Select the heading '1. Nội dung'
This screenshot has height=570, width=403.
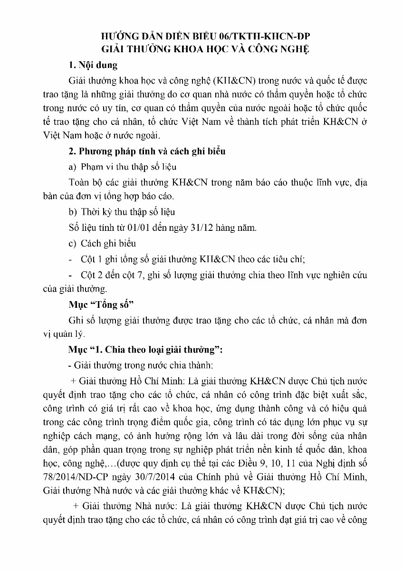click(x=93, y=65)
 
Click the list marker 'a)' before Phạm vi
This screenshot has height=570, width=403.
click(x=73, y=167)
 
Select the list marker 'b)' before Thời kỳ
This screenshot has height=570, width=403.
click(x=73, y=212)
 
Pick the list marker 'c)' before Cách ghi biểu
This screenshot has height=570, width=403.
click(x=73, y=243)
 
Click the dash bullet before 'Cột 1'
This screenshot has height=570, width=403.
click(x=71, y=259)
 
